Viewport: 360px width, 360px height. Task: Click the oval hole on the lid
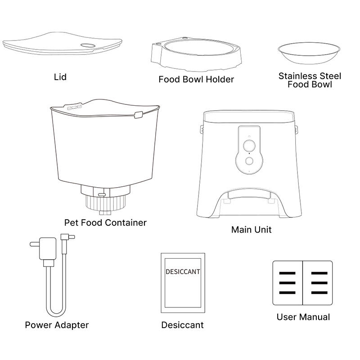coord(88,45)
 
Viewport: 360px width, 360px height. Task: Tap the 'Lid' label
coord(60,77)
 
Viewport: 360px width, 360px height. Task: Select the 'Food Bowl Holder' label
coord(196,80)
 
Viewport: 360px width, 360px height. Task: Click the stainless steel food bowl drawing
coord(309,53)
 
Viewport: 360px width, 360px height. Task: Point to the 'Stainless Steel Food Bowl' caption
coord(310,80)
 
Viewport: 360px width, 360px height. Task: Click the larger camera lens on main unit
coord(249,145)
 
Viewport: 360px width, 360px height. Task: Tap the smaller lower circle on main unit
coord(249,161)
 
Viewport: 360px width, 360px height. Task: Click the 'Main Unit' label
coord(252,229)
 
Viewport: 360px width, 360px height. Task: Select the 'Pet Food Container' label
coord(105,223)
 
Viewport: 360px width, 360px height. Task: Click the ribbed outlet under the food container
coord(106,202)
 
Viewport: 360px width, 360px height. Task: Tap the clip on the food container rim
coord(139,115)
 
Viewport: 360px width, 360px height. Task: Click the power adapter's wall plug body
coord(48,249)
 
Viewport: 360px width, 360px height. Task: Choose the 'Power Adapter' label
coord(57,325)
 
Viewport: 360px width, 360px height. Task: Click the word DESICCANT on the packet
coord(183,272)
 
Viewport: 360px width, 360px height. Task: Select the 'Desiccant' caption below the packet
coord(183,325)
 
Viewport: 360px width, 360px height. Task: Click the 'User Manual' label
coord(303,317)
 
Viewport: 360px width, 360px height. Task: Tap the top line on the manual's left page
coord(287,273)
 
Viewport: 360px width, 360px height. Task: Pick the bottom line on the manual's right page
coord(319,293)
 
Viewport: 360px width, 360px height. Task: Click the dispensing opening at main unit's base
coord(250,202)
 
